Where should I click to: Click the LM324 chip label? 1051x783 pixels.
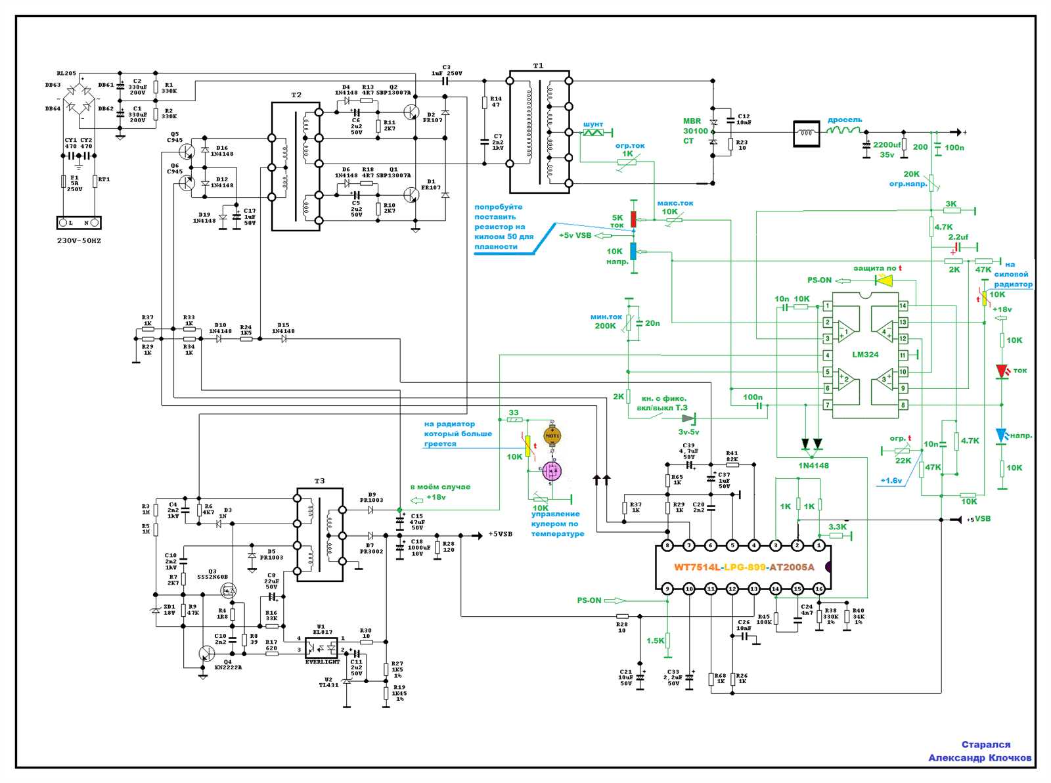point(865,355)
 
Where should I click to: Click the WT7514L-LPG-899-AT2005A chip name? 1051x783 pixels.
point(744,567)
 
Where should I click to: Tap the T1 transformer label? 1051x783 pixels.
point(538,66)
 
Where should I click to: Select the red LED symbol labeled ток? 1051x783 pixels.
point(1002,372)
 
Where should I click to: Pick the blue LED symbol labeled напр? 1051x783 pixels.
point(1001,435)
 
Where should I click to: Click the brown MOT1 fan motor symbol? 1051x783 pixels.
point(552,436)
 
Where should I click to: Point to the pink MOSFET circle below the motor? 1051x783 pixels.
point(552,471)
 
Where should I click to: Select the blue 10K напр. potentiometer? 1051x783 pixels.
point(633,251)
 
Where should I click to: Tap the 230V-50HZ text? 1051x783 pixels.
point(79,241)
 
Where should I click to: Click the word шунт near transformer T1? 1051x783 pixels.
point(593,124)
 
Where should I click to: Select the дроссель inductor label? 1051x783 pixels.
point(844,120)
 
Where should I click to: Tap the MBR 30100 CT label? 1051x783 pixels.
point(696,131)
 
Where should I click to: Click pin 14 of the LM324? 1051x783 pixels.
point(903,305)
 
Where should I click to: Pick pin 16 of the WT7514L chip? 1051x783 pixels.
point(818,588)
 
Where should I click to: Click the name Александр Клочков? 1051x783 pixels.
point(979,757)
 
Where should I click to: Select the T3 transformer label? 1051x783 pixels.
point(319,481)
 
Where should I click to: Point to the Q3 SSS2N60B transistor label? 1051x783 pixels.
point(212,574)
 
